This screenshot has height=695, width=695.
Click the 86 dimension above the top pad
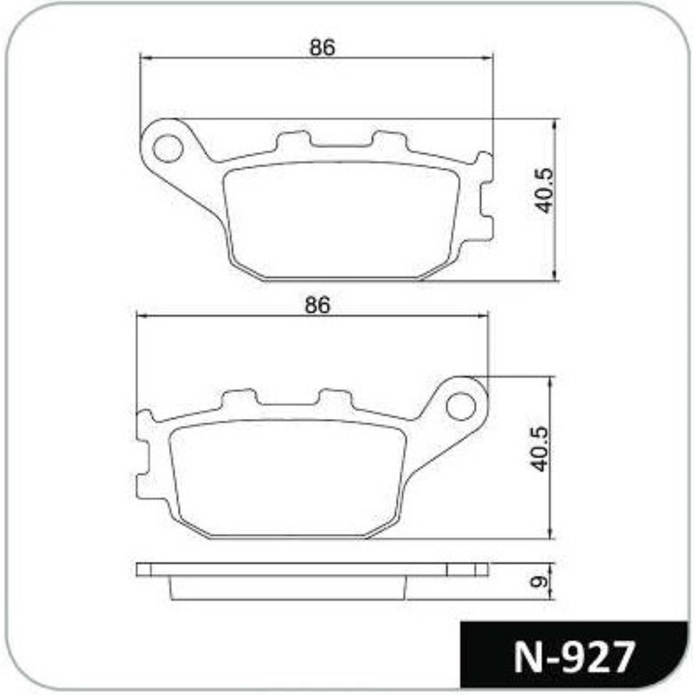(x=322, y=48)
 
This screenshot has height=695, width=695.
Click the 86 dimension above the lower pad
(x=318, y=305)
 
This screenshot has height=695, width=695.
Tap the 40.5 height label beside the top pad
(x=544, y=191)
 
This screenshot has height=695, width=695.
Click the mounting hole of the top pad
(x=168, y=147)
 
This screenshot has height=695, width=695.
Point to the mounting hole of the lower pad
(x=461, y=406)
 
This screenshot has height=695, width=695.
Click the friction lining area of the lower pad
(x=288, y=478)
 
